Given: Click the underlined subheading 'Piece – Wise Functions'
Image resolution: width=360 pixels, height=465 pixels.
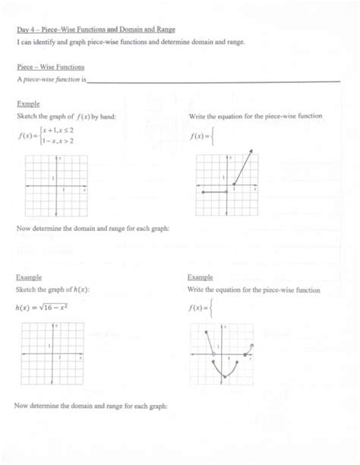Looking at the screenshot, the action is pyautogui.click(x=51, y=67).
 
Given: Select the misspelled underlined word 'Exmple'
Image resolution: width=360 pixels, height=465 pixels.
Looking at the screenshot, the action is pyautogui.click(x=27, y=103).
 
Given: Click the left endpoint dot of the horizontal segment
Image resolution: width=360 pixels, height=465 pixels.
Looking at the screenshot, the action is pyautogui.click(x=203, y=193).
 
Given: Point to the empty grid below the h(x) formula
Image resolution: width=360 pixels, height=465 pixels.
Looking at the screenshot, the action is pyautogui.click(x=52, y=354).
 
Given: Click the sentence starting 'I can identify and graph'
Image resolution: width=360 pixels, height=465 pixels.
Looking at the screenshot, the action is pyautogui.click(x=121, y=43).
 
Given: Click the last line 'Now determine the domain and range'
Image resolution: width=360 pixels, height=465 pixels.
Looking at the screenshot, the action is pyautogui.click(x=90, y=406).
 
